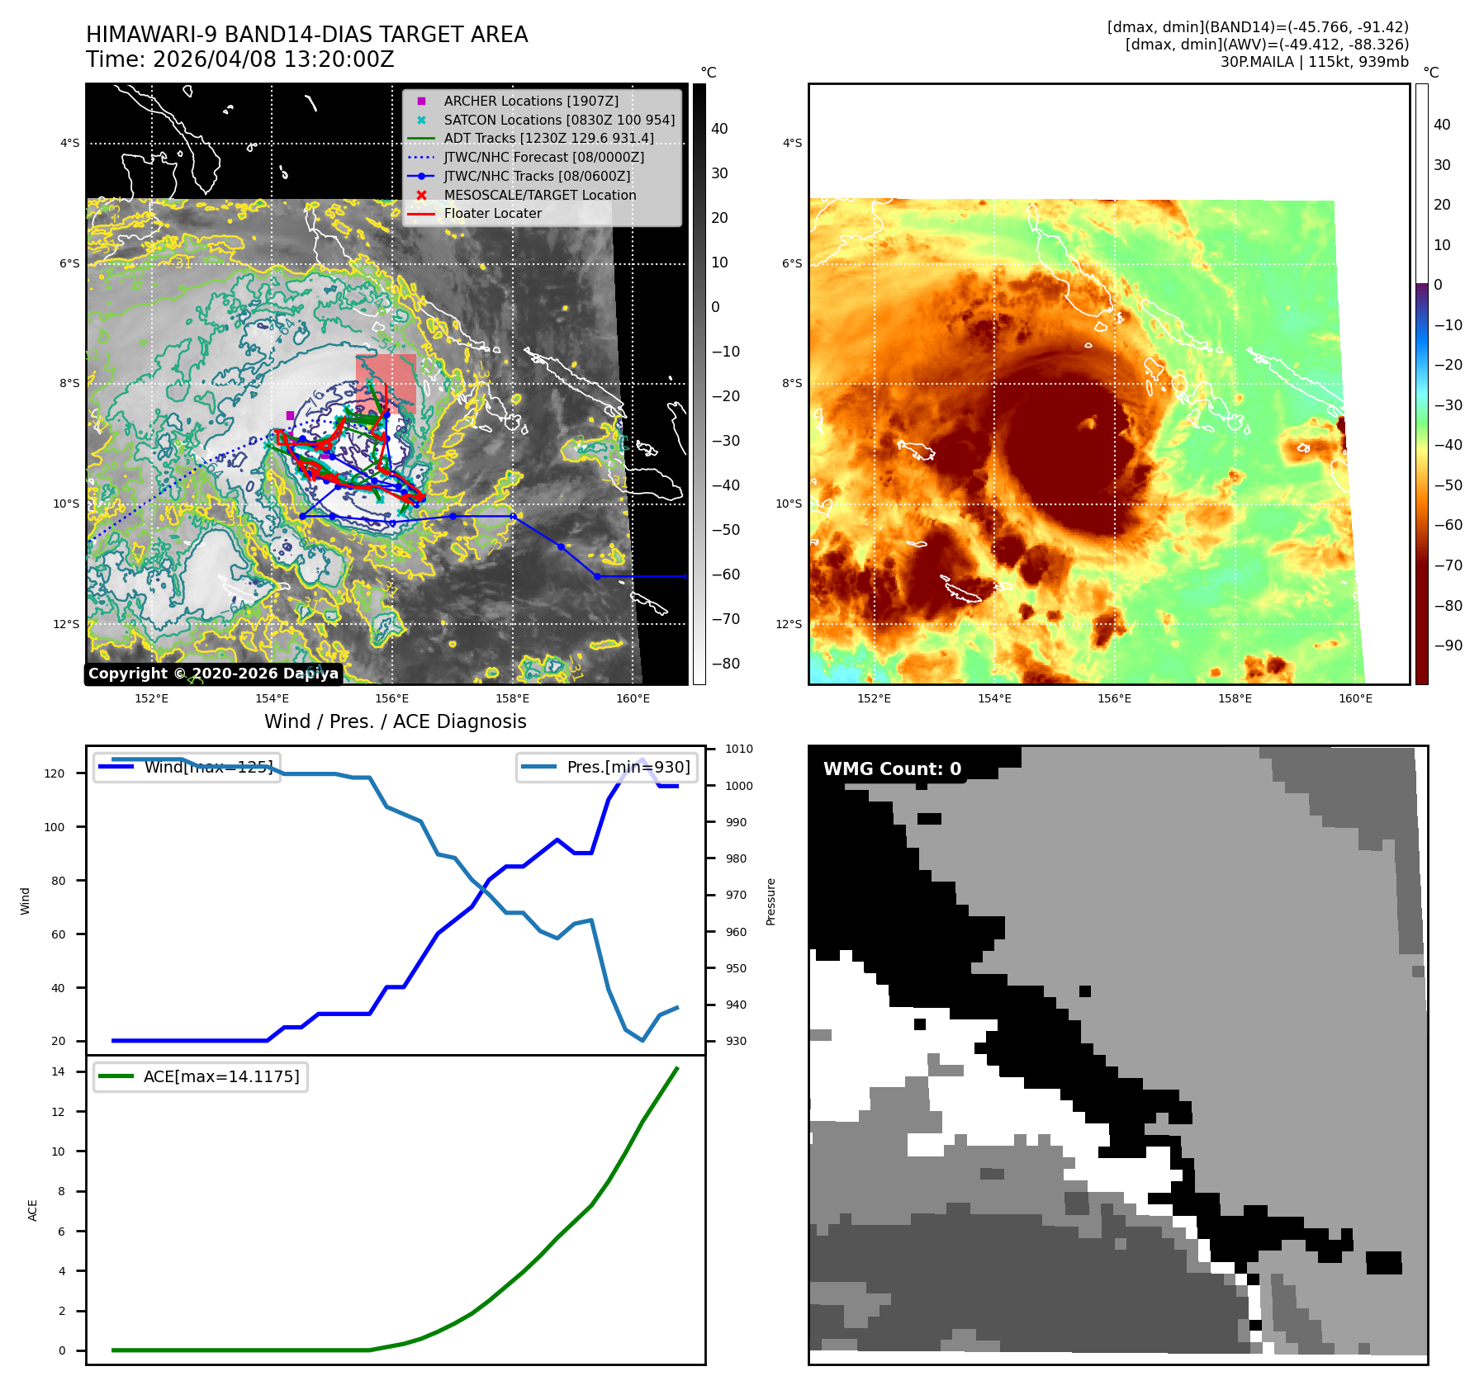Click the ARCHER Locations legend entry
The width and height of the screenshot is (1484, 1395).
(530, 101)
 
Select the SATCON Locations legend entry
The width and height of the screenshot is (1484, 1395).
(558, 120)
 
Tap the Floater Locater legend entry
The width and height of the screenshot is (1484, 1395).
(492, 213)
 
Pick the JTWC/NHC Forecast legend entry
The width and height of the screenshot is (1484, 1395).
(543, 157)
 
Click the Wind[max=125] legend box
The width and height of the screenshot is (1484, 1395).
(187, 767)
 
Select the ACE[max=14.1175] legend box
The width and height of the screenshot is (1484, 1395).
(201, 1076)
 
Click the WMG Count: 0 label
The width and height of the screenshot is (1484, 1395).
(892, 768)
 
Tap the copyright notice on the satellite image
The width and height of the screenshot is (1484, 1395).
(213, 674)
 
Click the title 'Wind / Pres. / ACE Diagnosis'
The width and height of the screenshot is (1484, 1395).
(395, 721)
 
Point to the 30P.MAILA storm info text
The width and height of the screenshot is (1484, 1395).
(1314, 62)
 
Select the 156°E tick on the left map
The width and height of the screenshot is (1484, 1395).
(392, 698)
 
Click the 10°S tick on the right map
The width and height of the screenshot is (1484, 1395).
(789, 504)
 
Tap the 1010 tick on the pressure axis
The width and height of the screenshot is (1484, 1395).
(739, 750)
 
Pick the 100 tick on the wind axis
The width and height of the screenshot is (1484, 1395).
(55, 827)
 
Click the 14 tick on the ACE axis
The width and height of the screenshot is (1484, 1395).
(59, 1071)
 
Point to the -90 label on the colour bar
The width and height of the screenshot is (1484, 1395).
(1448, 645)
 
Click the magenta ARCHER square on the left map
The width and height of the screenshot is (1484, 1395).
(290, 415)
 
